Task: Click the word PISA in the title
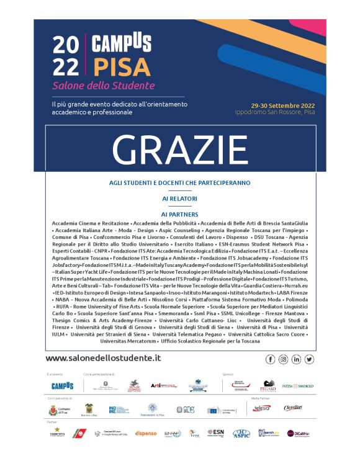click(x=122, y=65)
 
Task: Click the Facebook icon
click(x=270, y=359)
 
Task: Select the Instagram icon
click(x=283, y=359)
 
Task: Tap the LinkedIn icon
click(x=296, y=359)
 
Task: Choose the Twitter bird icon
click(x=309, y=359)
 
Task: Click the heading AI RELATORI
click(x=179, y=199)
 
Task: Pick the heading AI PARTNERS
click(x=179, y=214)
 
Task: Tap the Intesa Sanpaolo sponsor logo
click(x=297, y=386)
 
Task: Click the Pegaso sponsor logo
click(x=268, y=386)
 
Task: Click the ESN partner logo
click(x=215, y=432)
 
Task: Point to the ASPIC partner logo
click(x=241, y=432)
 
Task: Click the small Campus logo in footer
click(x=62, y=386)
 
